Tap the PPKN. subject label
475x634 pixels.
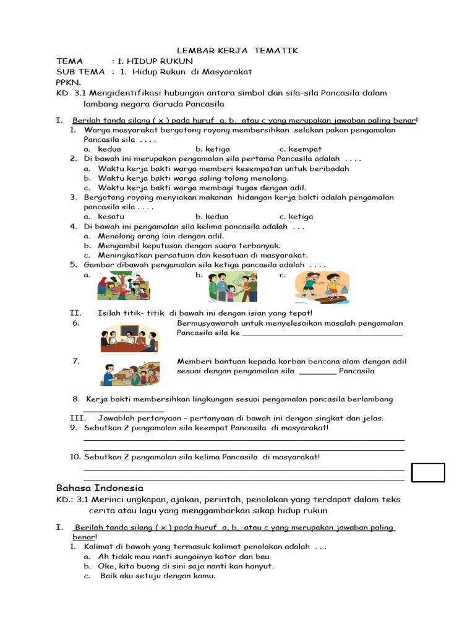[68, 82]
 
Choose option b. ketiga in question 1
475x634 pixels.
[213, 149]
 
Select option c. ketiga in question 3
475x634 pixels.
[296, 217]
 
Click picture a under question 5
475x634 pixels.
[123, 287]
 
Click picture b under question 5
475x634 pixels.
[232, 287]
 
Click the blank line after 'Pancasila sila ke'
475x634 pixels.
[322, 334]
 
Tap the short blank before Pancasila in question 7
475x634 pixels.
[317, 373]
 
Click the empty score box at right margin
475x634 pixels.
[429, 472]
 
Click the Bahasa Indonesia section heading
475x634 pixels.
[100, 488]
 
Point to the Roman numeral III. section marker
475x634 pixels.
[77, 418]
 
